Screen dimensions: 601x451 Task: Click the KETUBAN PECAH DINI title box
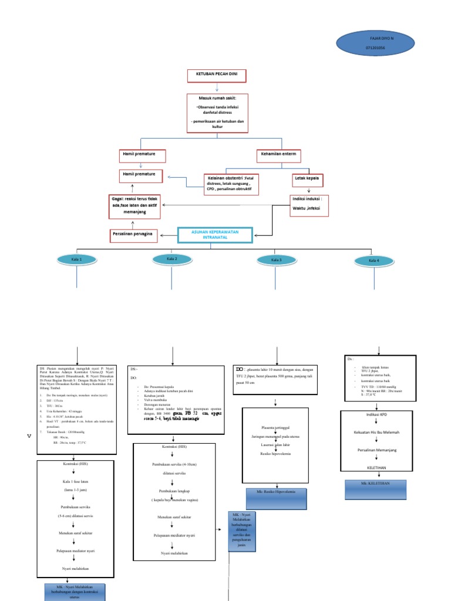pos(216,76)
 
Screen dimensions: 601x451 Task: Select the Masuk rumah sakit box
pos(217,113)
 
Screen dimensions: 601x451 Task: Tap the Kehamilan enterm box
pos(279,156)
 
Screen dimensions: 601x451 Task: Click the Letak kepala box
pos(308,178)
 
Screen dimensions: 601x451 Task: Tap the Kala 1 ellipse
pos(78,259)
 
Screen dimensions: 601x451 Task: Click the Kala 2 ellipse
pos(172,259)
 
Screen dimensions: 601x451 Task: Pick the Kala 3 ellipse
pos(277,260)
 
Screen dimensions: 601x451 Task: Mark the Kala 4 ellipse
pos(373,261)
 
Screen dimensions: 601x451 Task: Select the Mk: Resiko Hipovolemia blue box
pos(275,495)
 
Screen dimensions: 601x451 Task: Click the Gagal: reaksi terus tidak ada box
pos(134,206)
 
